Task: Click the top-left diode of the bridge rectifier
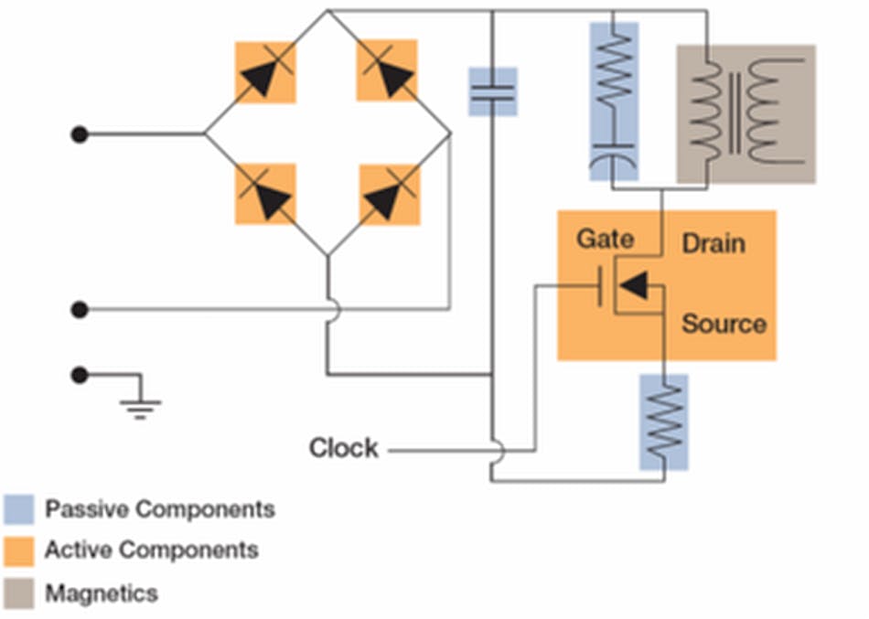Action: point(265,72)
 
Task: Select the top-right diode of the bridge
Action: point(387,70)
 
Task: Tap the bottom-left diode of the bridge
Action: point(265,194)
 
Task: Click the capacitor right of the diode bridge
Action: point(492,91)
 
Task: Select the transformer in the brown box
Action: point(746,113)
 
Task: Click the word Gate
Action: point(605,240)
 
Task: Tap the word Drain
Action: point(713,244)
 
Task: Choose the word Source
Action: point(724,324)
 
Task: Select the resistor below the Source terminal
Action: point(664,422)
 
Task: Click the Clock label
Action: point(343,449)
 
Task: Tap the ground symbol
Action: point(140,404)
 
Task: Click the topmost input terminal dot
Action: point(80,134)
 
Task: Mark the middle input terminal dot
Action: point(80,310)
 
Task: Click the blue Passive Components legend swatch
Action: point(19,509)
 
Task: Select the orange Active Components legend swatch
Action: point(19,550)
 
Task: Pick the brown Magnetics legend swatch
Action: point(19,593)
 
